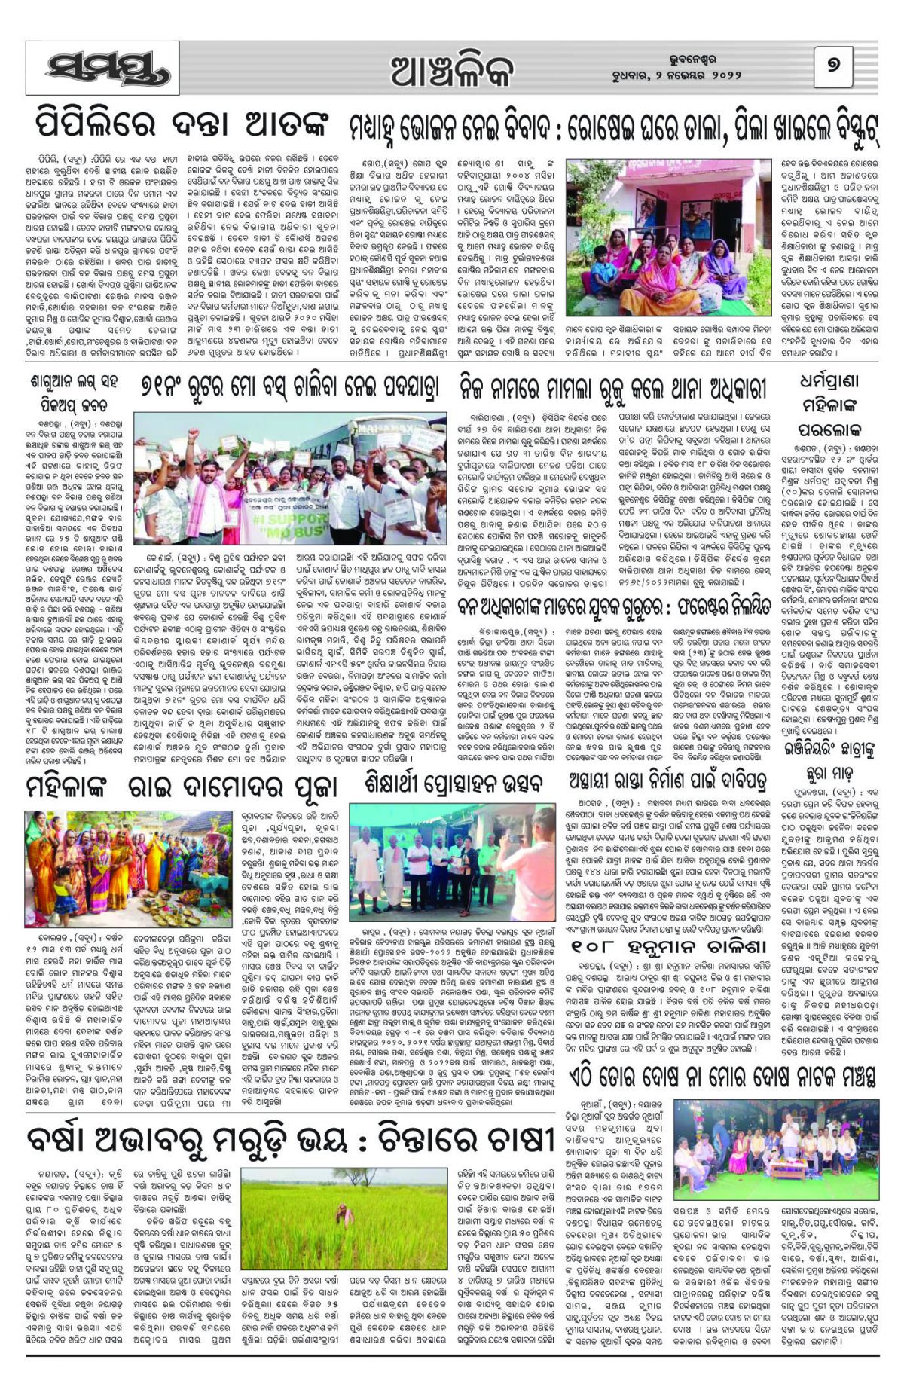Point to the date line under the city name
pos(676,76)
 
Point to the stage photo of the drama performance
pos(775,1146)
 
